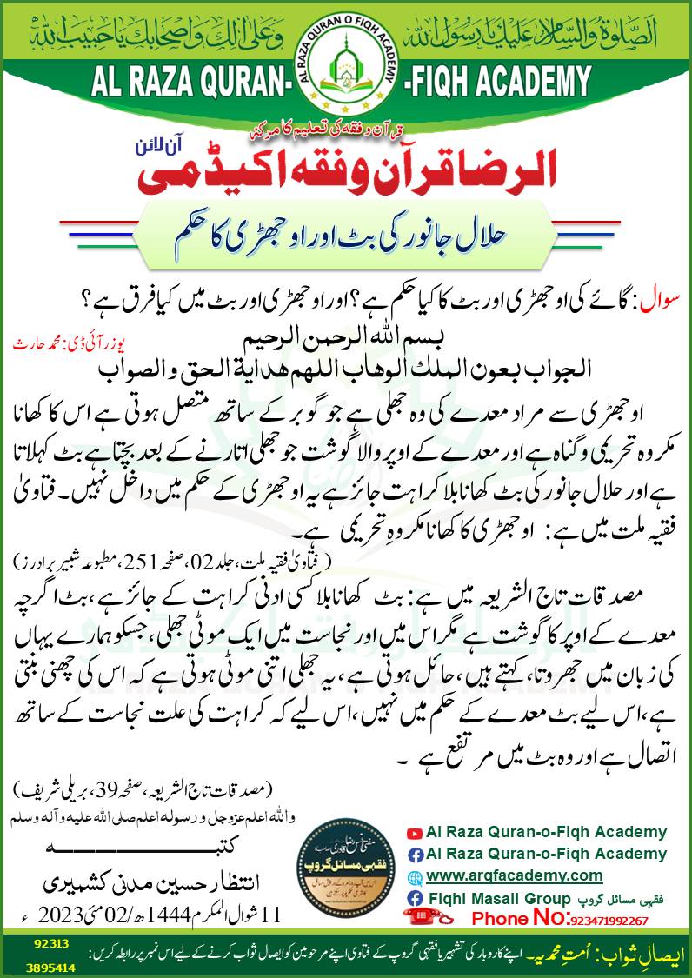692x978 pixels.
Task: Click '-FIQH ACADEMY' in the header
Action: click(x=496, y=83)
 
